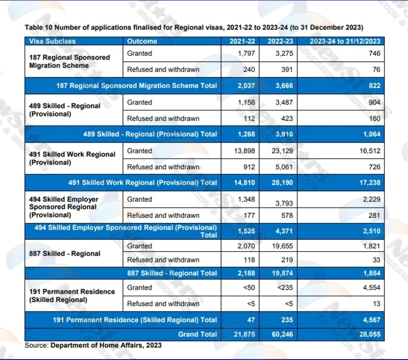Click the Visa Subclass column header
tap(52, 41)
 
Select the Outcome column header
tap(142, 41)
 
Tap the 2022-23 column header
tap(280, 41)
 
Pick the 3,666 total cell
tap(284, 86)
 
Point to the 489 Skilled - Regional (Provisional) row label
tap(64, 110)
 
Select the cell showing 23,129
tap(282, 151)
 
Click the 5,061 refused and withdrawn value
tap(284, 167)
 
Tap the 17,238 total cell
tap(370, 182)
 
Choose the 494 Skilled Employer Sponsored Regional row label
tap(64, 207)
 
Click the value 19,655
tap(282, 246)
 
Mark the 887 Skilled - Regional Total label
tap(172, 273)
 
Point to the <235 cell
tap(285, 288)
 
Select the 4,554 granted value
tap(371, 288)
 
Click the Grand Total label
tap(198, 334)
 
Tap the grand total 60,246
tap(282, 334)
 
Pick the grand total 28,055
tap(370, 334)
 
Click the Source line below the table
tap(93, 345)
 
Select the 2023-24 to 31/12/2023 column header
tap(345, 41)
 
